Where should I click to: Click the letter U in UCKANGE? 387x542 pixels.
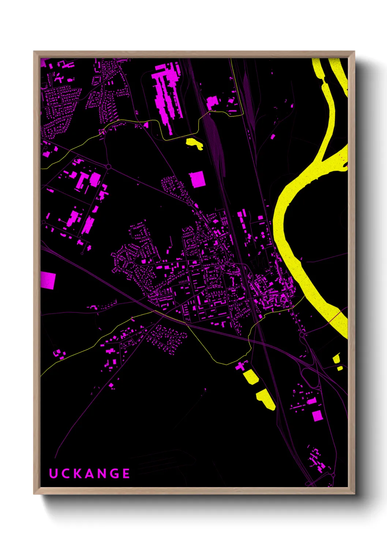point(53,473)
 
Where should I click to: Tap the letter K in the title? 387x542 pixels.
point(78,473)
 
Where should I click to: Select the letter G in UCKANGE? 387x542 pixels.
point(114,473)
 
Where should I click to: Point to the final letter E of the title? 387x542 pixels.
point(126,473)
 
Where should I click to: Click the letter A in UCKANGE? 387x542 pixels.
point(89,473)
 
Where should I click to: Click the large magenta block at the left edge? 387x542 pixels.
point(48,280)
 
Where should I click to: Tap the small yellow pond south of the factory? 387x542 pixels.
point(195,144)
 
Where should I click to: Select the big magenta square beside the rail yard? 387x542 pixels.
point(197,179)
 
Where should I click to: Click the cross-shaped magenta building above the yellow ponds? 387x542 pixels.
point(240,365)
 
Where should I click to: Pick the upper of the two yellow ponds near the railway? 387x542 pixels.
point(251,376)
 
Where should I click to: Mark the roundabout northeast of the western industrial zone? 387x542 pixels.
point(108,167)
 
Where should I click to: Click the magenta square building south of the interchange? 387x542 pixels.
point(317,415)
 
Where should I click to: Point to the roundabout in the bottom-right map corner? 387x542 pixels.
point(333,475)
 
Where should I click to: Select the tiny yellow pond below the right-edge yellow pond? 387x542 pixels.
point(340,368)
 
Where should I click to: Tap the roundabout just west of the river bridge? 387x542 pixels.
point(302,334)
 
